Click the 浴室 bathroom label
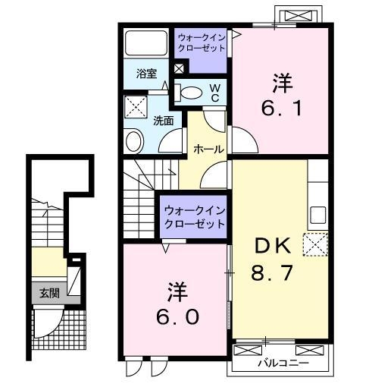[147, 74]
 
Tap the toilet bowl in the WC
[192, 93]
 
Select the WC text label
[214, 93]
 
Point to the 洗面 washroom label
[164, 120]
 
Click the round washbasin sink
[135, 141]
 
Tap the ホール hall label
[208, 149]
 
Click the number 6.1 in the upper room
[281, 108]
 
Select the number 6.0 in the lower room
[178, 316]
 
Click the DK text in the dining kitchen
[272, 246]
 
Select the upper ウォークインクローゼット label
[202, 41]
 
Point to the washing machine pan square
[137, 105]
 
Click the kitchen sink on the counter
[317, 213]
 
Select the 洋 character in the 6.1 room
[281, 81]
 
